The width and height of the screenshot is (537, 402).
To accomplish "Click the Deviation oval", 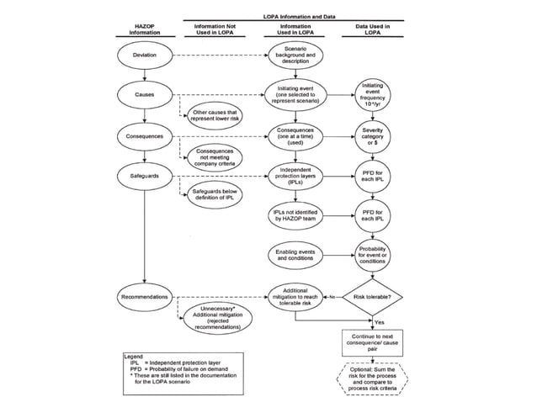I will coord(145,56).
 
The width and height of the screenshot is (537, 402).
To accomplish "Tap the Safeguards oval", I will coord(145,176).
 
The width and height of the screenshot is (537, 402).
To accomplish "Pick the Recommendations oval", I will coord(145,296).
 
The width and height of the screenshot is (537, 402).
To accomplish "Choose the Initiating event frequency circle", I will coord(373,95).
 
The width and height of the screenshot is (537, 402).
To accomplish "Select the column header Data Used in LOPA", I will coord(373,30).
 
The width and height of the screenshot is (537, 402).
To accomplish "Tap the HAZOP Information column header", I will coord(145,30).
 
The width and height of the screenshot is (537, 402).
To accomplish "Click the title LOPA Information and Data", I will coord(293,17).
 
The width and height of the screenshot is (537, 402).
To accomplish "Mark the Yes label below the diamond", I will coord(380,322).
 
